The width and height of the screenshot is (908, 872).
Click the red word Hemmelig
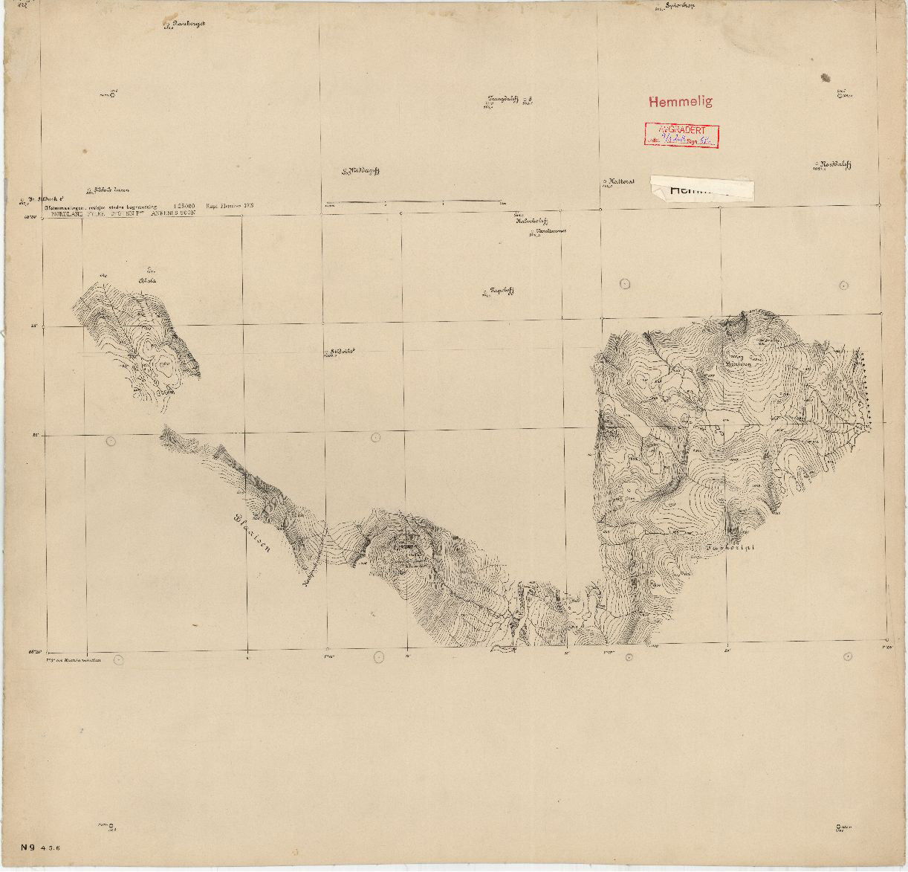(x=680, y=101)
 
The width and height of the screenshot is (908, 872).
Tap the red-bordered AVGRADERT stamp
(x=681, y=135)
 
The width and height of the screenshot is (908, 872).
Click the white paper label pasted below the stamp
(x=702, y=188)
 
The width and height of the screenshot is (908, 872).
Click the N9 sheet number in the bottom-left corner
(x=27, y=846)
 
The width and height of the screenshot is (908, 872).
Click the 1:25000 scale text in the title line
(x=183, y=202)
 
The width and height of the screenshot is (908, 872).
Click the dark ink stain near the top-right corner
(x=825, y=77)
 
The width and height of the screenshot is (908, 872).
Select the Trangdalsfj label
(x=505, y=99)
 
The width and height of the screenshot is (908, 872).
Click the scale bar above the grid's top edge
(x=412, y=201)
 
